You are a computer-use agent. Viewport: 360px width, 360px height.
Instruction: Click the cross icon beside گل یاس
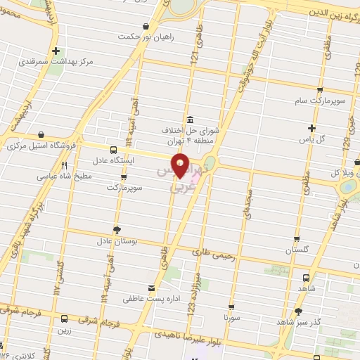[x=311, y=128]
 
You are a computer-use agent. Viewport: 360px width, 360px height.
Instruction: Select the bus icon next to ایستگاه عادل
[x=113, y=150]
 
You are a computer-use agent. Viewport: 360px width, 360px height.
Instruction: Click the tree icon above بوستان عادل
[x=116, y=229]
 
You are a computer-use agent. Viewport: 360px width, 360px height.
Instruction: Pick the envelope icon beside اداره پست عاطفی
[x=151, y=288]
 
